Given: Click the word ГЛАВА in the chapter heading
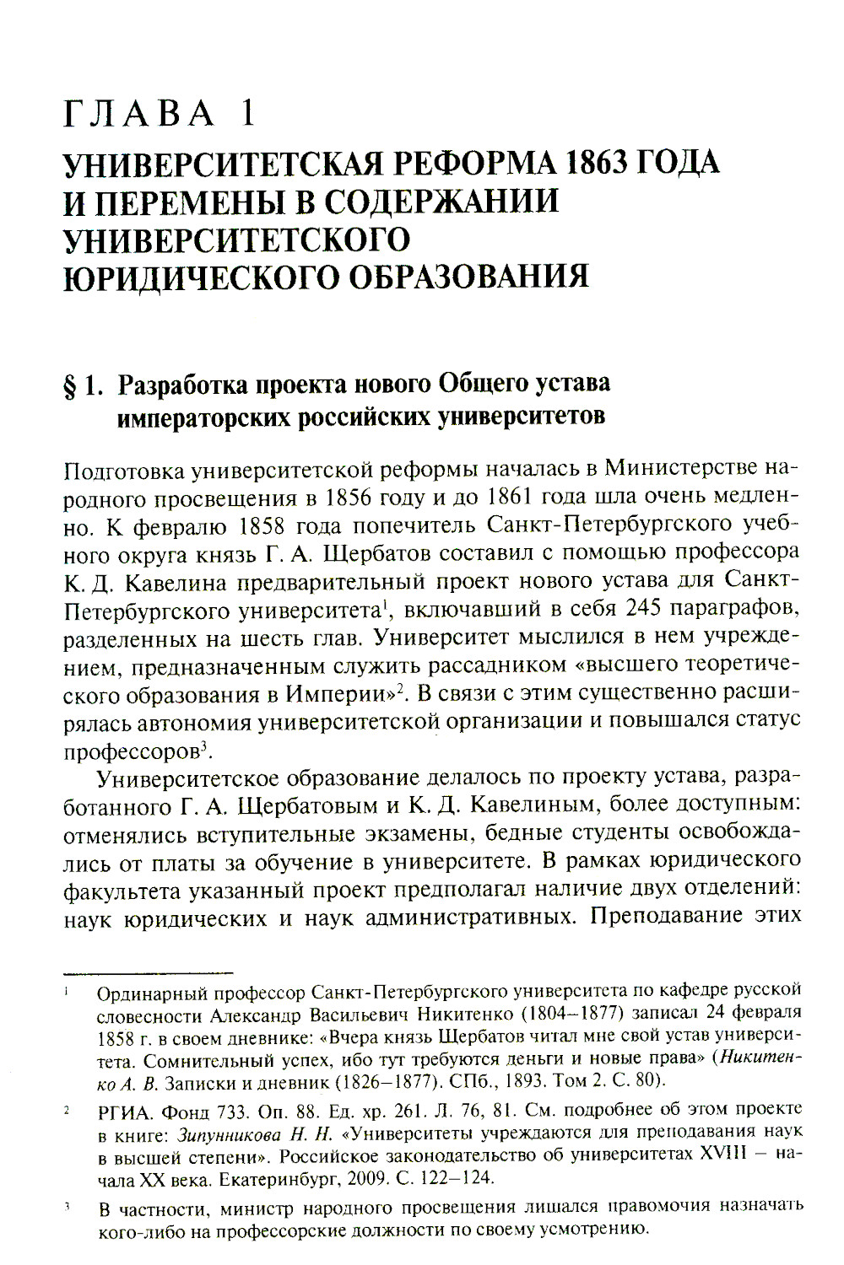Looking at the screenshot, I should [x=139, y=112].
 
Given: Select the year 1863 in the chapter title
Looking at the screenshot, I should [x=581, y=162].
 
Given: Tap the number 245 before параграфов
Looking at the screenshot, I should [x=651, y=608].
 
